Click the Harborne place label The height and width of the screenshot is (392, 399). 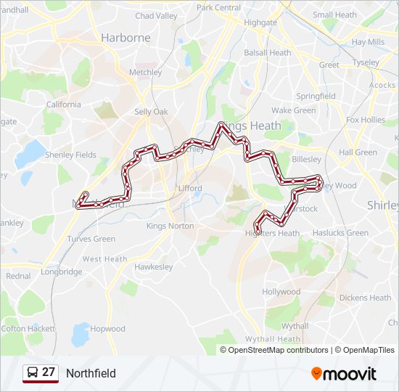[x=126, y=37]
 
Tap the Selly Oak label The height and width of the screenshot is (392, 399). [x=151, y=112]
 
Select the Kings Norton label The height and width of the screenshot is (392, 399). [x=170, y=226]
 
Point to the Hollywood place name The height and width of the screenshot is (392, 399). [x=281, y=292]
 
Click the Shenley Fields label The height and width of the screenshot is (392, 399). [x=70, y=155]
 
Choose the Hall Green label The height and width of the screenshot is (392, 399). [x=358, y=152]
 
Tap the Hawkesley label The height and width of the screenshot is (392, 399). [x=153, y=266]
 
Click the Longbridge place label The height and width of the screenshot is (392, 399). [x=61, y=271]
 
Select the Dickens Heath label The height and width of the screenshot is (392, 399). [x=365, y=298]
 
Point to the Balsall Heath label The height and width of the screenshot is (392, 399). [x=267, y=53]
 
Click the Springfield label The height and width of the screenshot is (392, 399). [x=316, y=96]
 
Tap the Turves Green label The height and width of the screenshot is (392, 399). [x=91, y=239]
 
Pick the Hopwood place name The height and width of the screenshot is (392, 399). [x=107, y=329]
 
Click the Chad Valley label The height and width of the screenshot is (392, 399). [x=156, y=15]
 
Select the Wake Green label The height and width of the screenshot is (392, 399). [x=293, y=110]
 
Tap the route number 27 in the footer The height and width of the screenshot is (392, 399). [x=49, y=372]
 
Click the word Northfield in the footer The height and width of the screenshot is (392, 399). [x=91, y=373]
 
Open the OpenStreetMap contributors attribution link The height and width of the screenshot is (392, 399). [x=278, y=350]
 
